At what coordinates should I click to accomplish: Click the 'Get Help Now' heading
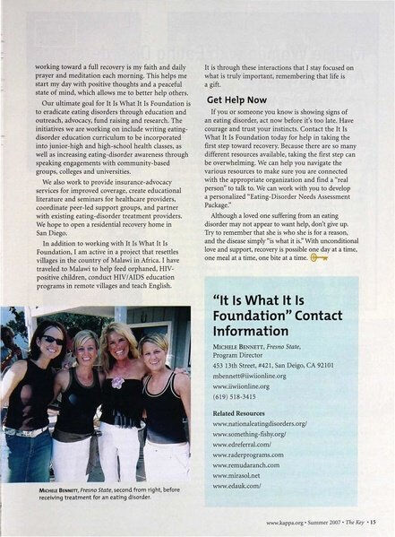tap(236, 100)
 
